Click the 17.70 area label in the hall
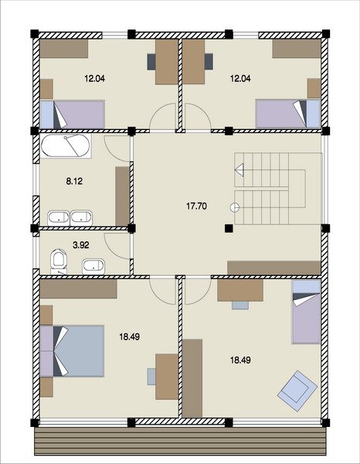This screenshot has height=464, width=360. point(196,206)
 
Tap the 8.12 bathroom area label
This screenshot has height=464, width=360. point(74,182)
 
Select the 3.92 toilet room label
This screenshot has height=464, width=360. point(81,245)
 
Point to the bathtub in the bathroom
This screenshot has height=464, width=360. point(66,146)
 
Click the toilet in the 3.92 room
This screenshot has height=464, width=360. point(59,262)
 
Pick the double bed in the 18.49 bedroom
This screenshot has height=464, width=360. point(72,351)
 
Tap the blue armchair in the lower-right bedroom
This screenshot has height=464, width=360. point(297,391)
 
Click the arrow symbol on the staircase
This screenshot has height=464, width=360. point(239,170)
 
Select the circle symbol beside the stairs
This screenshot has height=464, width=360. point(235,207)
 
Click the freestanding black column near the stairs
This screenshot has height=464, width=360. point(229,228)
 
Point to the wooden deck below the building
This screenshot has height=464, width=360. point(180,442)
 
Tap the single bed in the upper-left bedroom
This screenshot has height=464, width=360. point(73,114)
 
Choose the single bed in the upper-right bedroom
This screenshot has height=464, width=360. point(288,114)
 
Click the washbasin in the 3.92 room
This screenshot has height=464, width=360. point(93,266)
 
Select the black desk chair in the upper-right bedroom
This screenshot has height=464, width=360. point(209,62)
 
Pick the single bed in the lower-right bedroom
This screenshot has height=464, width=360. point(307,312)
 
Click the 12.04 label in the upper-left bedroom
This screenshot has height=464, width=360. point(94,79)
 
